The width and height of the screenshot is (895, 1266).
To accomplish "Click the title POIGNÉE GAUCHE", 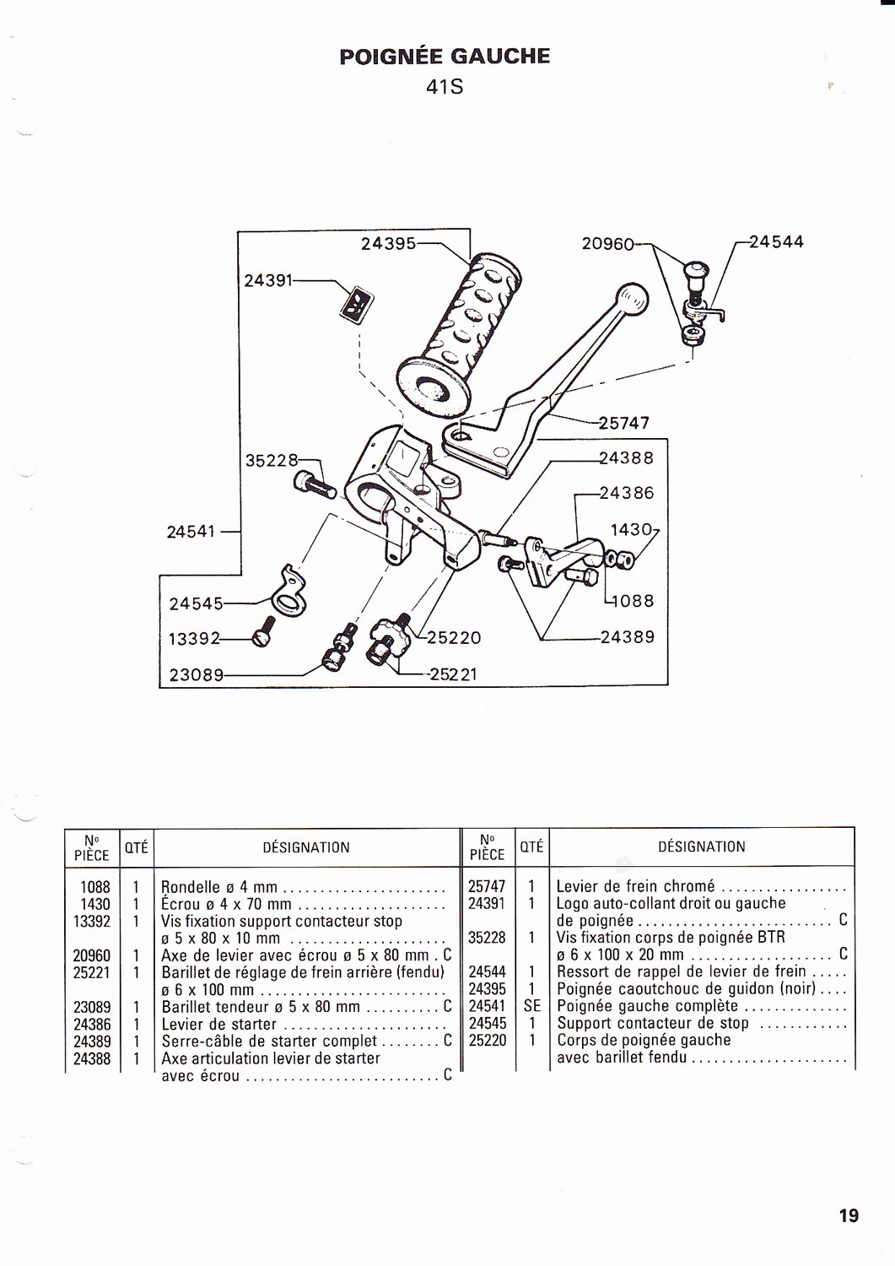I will click(445, 57).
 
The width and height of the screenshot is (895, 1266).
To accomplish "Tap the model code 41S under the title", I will click(445, 87).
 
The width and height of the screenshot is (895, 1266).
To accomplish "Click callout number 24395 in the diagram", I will click(388, 244).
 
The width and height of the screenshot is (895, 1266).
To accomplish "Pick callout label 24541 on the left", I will click(191, 532).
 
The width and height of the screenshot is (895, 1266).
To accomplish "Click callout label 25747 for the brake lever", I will click(624, 423).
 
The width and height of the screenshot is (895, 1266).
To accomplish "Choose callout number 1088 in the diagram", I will click(632, 601).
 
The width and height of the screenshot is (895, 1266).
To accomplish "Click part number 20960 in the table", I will click(92, 955).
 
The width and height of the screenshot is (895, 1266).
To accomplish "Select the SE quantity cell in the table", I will click(531, 1006).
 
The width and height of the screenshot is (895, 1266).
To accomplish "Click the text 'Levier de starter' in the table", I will click(219, 1024).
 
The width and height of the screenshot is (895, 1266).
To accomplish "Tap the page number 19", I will click(849, 1215).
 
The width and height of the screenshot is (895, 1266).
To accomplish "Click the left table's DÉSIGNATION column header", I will click(306, 847).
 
